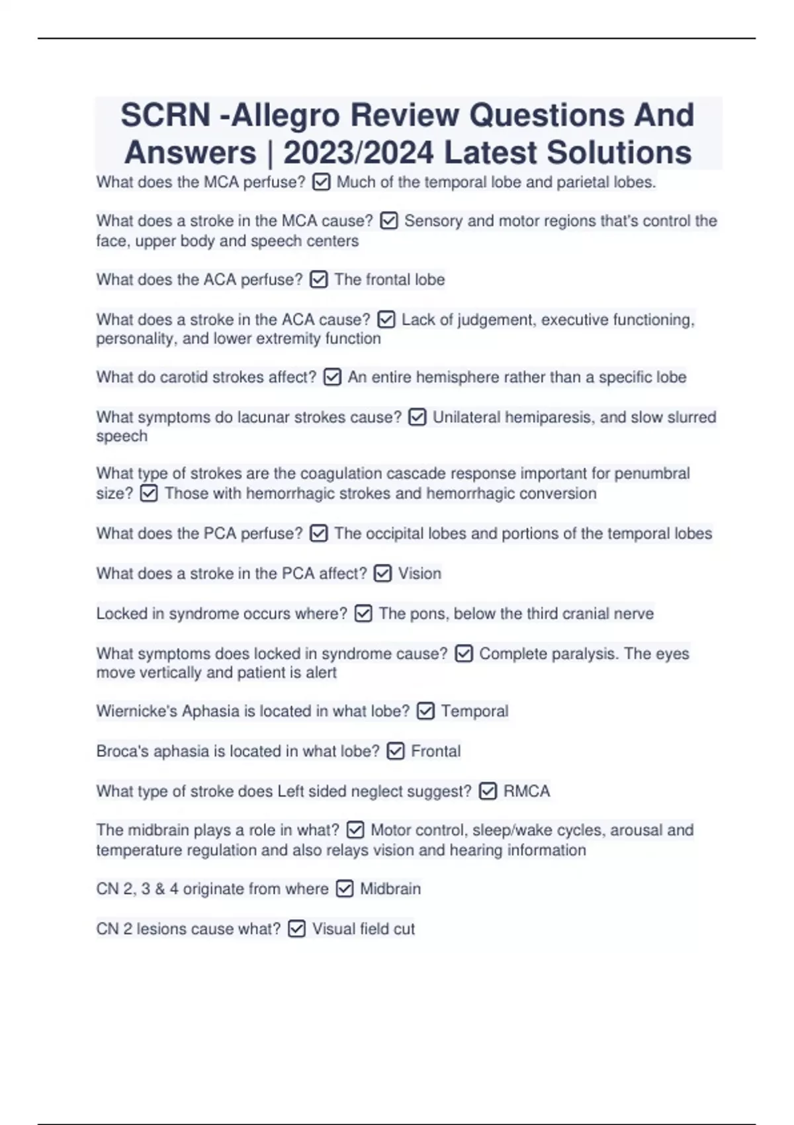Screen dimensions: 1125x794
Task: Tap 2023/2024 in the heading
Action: click(x=358, y=153)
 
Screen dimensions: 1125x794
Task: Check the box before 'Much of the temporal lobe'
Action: click(x=321, y=182)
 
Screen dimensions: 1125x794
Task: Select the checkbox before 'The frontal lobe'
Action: click(x=318, y=280)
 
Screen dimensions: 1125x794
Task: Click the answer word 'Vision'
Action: click(x=419, y=574)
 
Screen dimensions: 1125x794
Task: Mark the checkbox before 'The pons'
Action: click(x=363, y=614)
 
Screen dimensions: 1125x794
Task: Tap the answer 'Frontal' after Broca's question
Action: click(x=435, y=751)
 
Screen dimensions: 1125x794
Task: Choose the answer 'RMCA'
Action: click(x=527, y=791)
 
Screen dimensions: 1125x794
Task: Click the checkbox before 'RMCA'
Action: click(x=488, y=791)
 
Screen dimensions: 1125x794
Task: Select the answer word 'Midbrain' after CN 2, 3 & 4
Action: click(x=390, y=889)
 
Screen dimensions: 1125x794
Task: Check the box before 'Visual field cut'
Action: click(x=297, y=929)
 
